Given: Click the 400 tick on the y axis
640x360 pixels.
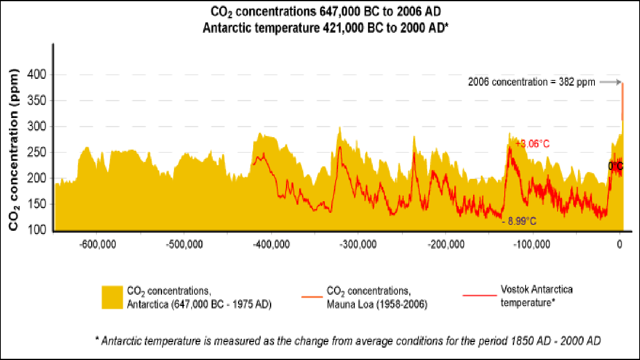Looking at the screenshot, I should click(37, 74).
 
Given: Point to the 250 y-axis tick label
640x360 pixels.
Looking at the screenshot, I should click(37, 152).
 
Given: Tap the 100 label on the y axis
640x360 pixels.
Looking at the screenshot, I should click(37, 230).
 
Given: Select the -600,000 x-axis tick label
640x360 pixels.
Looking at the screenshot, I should click(98, 244).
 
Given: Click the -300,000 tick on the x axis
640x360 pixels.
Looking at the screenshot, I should click(358, 244).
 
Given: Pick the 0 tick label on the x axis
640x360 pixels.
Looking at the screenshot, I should click(620, 244).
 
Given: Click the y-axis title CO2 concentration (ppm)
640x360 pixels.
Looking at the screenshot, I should click(14, 150).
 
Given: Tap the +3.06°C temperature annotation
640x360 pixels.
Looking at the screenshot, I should click(532, 144).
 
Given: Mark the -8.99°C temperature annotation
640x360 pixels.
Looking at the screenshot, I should click(520, 221).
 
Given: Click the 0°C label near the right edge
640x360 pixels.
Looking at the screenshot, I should click(616, 166).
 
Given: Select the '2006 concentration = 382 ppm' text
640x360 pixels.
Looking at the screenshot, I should click(531, 82).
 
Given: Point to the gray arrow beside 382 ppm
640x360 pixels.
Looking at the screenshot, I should click(610, 82).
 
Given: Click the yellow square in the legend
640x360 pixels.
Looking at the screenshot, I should click(112, 297).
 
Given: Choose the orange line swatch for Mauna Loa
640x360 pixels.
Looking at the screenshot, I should click(312, 297).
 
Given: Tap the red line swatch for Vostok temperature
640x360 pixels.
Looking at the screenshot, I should click(479, 296).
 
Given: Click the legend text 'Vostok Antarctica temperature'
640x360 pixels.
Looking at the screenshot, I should click(536, 296).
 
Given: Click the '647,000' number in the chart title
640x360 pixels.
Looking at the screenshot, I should click(340, 12).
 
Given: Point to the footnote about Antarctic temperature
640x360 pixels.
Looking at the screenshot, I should click(348, 341).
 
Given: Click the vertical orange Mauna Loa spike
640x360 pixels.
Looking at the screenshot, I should click(622, 102).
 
